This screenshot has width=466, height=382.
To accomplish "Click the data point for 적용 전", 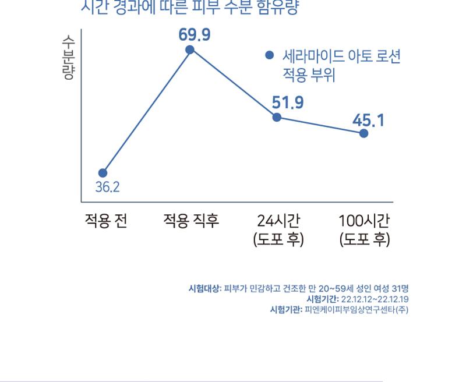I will pos(103,173).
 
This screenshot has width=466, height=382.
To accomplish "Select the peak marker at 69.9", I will pos(190,50).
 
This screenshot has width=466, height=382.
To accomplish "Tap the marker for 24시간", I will pos(277,117).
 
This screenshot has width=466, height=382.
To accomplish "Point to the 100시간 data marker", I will pos(363,133).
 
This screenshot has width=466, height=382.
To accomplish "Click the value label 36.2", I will pos(107,187).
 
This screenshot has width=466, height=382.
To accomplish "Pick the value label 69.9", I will pos(195,35).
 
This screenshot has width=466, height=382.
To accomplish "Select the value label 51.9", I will pos(288,102).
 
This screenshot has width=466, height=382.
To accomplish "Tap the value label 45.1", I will pos(368,120).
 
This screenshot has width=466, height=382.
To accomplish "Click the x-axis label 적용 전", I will pos(106,221).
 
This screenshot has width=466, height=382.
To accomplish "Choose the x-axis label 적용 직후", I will pos(191,221).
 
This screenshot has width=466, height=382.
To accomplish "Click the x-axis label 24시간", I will pos(278,221).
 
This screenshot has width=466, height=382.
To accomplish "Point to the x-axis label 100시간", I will pos(365,221).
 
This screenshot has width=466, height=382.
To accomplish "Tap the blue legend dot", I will pos(269,56).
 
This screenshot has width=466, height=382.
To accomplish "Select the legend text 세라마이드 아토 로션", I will pos(341,57).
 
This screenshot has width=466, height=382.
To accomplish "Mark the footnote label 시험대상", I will pos(204,288).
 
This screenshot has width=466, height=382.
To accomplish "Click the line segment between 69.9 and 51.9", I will pos(234,84).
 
